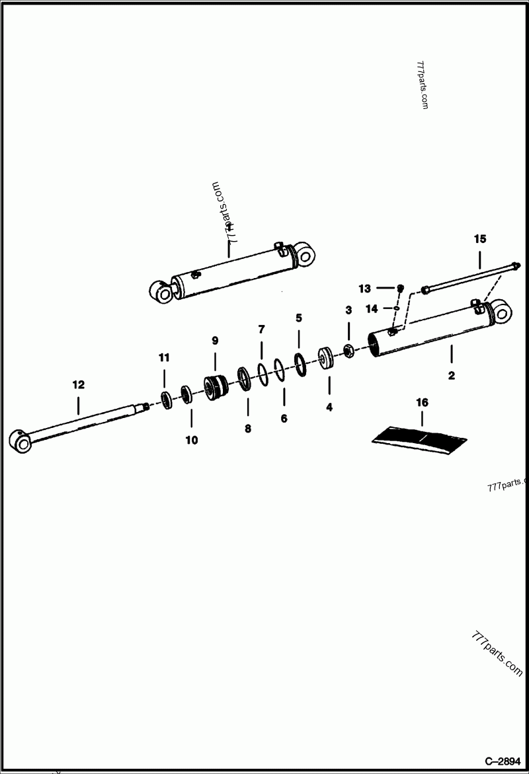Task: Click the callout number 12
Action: tap(78, 384)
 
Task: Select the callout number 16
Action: tap(422, 402)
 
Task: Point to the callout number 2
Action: tap(452, 376)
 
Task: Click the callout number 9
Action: tap(215, 341)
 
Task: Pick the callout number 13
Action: tap(365, 289)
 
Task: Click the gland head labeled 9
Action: tap(216, 386)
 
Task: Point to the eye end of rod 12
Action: tap(19, 441)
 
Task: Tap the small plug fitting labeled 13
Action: tap(400, 288)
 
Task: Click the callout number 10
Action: tap(191, 440)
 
